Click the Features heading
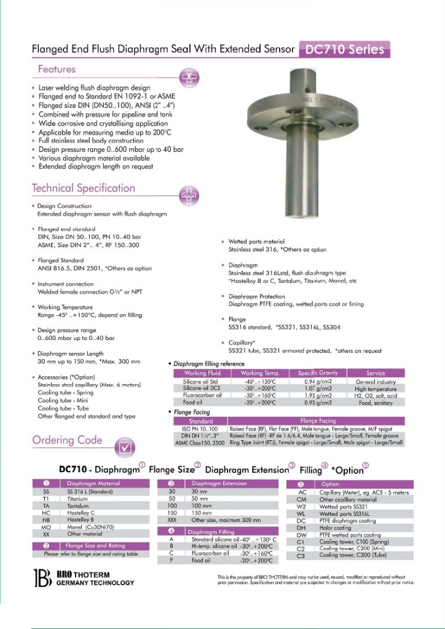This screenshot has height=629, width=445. click(x=57, y=69)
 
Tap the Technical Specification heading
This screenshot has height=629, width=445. click(x=84, y=188)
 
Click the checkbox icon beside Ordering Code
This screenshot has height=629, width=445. click(x=125, y=446)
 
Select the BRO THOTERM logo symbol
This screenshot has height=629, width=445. click(x=42, y=579)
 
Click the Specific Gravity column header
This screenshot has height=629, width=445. click(x=319, y=373)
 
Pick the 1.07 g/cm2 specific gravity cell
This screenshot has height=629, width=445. click(x=319, y=389)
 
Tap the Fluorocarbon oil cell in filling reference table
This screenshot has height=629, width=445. click(x=201, y=395)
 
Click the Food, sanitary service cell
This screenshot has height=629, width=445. click(x=376, y=402)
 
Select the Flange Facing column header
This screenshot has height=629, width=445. click(x=318, y=421)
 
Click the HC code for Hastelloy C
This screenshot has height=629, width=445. click(x=45, y=512)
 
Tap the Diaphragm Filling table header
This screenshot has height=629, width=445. click(x=210, y=532)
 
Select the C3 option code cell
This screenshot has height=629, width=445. click(x=301, y=555)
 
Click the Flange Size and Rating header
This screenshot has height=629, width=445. click(x=95, y=546)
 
